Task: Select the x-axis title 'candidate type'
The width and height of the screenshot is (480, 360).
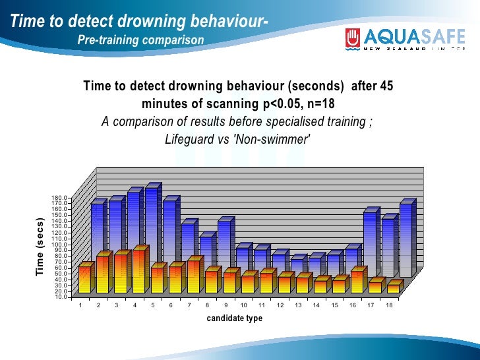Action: click(x=235, y=318)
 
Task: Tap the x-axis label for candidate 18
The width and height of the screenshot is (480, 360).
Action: click(x=389, y=305)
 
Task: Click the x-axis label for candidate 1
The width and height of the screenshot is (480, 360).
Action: click(x=80, y=305)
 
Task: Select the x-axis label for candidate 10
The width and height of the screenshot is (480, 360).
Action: click(x=244, y=305)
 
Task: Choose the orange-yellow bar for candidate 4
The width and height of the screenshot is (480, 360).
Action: click(x=138, y=270)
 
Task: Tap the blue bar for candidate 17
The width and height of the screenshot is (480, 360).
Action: click(x=371, y=244)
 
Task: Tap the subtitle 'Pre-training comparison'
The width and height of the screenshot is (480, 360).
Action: click(x=140, y=41)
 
